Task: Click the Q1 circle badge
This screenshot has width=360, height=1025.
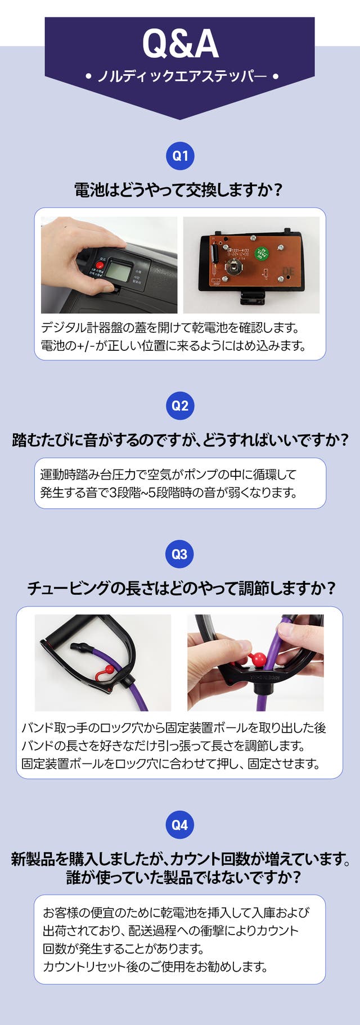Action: pos(180,156)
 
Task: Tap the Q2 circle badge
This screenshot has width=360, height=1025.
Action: pos(180,406)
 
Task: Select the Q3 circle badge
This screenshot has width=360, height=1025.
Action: pos(180,554)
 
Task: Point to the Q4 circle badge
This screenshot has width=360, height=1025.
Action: pos(180,825)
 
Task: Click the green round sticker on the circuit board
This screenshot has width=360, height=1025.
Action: pos(261,252)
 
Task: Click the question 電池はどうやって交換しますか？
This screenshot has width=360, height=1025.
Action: pos(179,190)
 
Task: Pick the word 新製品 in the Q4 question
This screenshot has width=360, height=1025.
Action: pos(33,859)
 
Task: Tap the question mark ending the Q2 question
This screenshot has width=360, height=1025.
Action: pos(345,440)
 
